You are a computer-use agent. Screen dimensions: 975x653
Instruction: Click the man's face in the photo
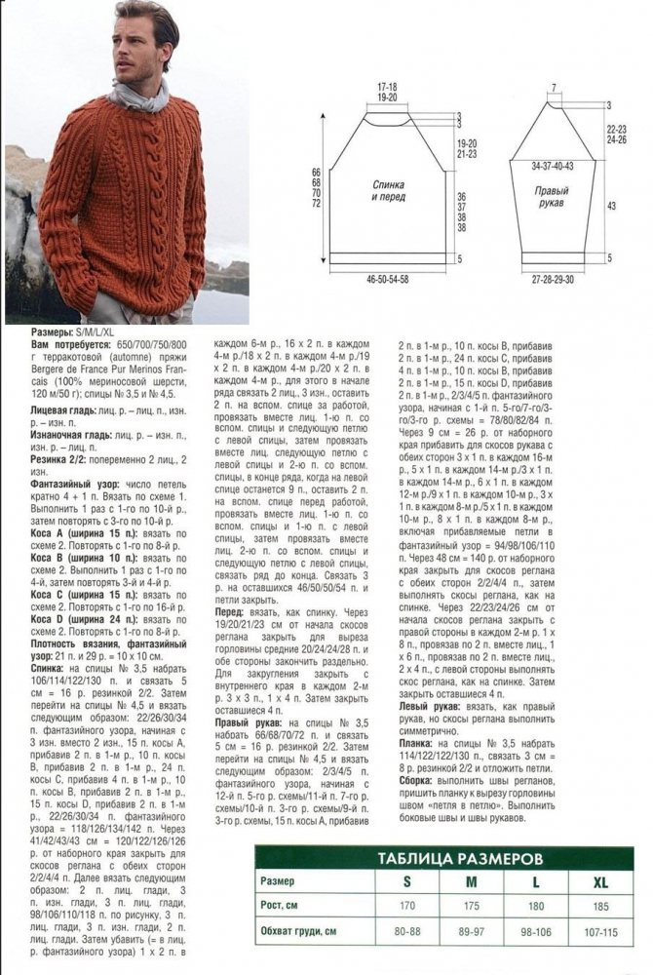pos(146,46)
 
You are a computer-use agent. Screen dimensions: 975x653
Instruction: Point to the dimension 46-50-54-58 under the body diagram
pos(387,280)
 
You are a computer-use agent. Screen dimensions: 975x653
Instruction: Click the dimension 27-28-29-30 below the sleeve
pos(552,280)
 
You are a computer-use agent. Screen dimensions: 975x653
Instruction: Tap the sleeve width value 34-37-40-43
pos(552,167)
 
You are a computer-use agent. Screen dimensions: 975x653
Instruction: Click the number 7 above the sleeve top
pos(553,88)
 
